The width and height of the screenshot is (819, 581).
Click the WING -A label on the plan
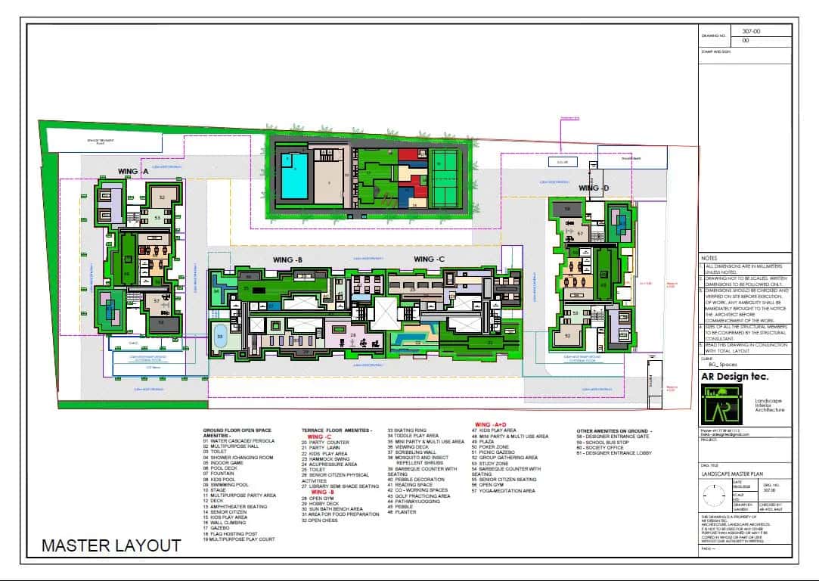click(x=133, y=172)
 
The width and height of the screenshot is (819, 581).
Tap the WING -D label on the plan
click(x=594, y=188)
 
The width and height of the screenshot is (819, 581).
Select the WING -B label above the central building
click(x=288, y=259)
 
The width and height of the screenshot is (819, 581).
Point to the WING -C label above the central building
click(x=429, y=259)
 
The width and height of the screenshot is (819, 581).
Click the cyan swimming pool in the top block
click(x=294, y=176)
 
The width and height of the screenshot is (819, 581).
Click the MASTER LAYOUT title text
click(x=111, y=545)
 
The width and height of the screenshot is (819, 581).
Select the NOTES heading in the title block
click(x=709, y=259)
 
